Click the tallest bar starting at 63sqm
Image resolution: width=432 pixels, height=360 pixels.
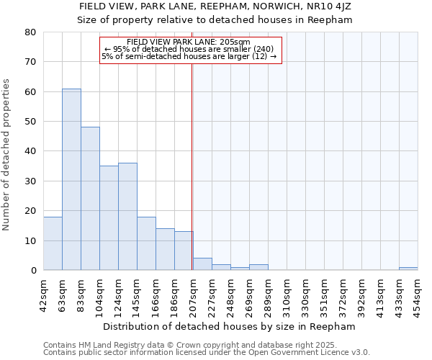pos(71,179)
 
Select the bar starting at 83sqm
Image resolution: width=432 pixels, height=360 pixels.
pos(90,199)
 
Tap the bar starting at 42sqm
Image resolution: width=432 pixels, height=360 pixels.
pos(53,243)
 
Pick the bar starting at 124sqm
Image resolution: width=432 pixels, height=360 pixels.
pos(127,217)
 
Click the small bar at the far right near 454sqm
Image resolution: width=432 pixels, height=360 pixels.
pos(408,269)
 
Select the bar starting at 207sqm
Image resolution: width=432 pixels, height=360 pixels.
pos(202,264)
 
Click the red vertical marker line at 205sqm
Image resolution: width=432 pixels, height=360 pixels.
pos(192,166)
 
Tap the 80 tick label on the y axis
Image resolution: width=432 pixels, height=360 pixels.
pos(30,32)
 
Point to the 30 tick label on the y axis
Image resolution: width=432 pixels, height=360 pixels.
pos(30,181)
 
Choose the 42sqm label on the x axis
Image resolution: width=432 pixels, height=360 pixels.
pos(44,294)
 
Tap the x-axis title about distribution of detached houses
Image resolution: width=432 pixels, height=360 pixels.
pos(229,327)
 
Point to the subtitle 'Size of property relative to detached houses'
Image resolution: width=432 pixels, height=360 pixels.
pos(215,19)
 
